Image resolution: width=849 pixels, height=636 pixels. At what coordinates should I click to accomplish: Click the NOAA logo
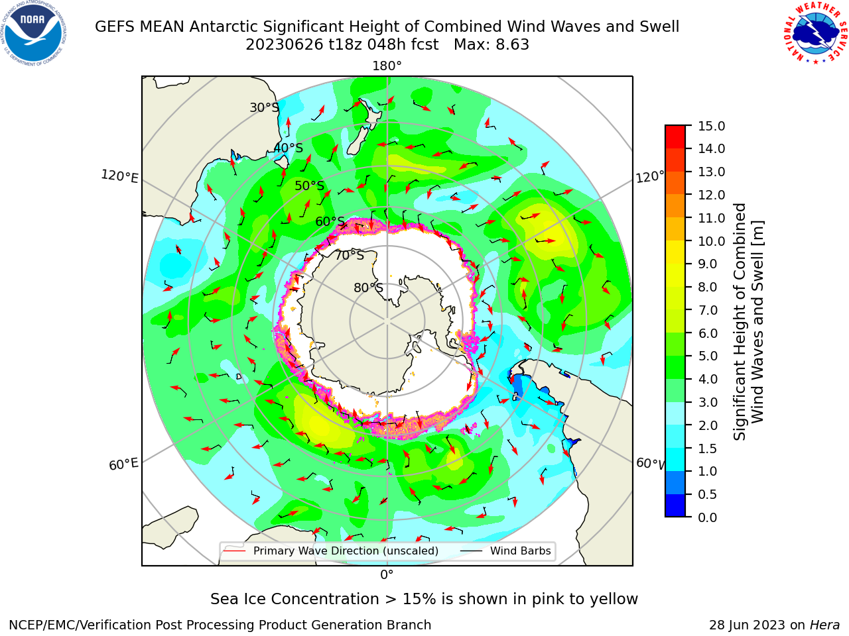click(34, 34)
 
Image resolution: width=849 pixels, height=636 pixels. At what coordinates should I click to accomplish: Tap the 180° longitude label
click(387, 66)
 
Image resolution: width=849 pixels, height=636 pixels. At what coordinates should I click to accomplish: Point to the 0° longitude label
click(387, 575)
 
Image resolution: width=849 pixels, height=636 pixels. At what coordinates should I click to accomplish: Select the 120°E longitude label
click(119, 176)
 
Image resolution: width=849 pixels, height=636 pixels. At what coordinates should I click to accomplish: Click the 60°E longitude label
click(123, 464)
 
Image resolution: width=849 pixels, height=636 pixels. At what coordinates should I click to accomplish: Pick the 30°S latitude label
click(264, 107)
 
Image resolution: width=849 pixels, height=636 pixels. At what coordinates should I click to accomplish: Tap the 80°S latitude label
click(369, 288)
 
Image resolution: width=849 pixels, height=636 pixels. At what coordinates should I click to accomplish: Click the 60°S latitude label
click(330, 221)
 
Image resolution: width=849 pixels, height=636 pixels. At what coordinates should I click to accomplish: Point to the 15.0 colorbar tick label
click(711, 126)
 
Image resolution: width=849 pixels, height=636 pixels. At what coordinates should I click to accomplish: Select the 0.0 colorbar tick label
click(708, 517)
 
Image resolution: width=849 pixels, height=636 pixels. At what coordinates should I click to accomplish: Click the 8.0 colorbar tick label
click(708, 287)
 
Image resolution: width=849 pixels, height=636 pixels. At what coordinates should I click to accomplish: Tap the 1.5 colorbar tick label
click(708, 449)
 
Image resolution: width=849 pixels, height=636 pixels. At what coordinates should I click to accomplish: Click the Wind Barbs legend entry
click(505, 551)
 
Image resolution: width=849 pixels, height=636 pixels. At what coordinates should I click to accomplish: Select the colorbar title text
click(748, 322)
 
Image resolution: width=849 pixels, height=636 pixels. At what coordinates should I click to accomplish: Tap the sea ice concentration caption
click(424, 599)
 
